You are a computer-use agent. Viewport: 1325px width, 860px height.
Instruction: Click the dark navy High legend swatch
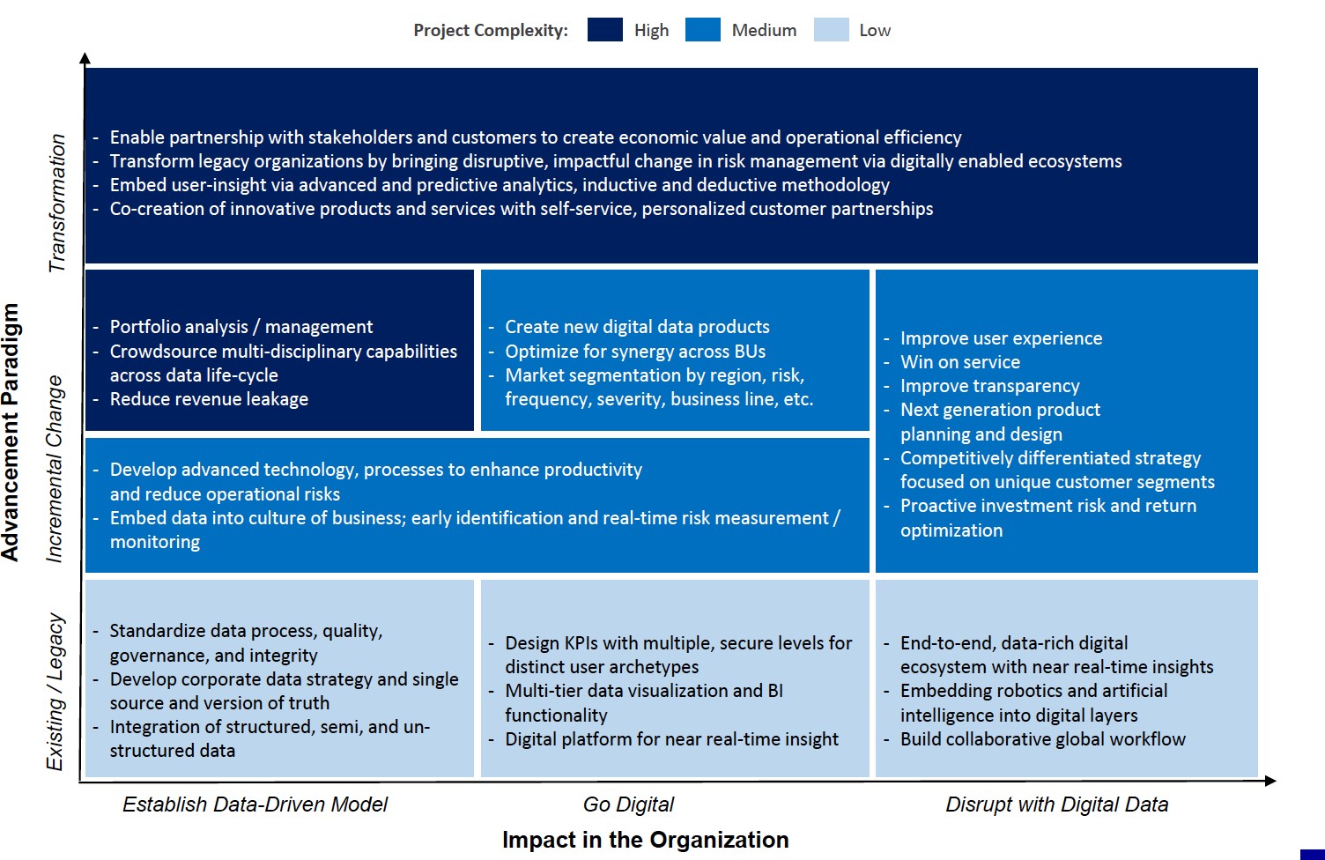[x=605, y=30]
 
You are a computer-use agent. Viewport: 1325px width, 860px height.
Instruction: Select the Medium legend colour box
[x=702, y=30]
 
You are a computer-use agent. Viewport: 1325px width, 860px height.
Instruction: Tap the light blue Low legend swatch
[x=831, y=30]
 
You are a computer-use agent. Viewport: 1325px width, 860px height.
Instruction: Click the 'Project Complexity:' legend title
[x=491, y=31]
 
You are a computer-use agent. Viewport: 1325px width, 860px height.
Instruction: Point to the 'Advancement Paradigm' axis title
[x=11, y=432]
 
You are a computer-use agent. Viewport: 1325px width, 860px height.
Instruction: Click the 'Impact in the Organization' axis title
[x=645, y=840]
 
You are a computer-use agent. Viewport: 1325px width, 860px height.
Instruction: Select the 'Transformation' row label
[x=57, y=203]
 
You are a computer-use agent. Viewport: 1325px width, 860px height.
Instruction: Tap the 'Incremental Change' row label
[x=55, y=469]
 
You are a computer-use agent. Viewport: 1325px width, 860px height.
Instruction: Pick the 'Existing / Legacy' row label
[x=56, y=692]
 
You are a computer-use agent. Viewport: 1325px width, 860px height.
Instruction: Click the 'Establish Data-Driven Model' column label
[x=255, y=804]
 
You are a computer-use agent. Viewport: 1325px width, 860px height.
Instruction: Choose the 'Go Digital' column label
[x=628, y=804]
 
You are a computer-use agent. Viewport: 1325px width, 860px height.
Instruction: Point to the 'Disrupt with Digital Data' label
[x=1056, y=804]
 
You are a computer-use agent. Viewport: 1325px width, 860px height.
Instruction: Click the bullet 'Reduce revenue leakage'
[x=209, y=399]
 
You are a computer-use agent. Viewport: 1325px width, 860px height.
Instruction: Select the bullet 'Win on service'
[x=959, y=362]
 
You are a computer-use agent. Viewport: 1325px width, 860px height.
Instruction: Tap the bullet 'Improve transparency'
[x=989, y=386]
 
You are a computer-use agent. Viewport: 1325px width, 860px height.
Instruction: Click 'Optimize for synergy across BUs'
[x=634, y=352]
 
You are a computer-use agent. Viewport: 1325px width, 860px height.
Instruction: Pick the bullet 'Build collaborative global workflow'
[x=1042, y=739]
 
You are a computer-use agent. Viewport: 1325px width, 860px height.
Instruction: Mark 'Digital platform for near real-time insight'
[x=671, y=739]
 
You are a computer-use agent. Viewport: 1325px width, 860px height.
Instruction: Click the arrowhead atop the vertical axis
[x=85, y=59]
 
